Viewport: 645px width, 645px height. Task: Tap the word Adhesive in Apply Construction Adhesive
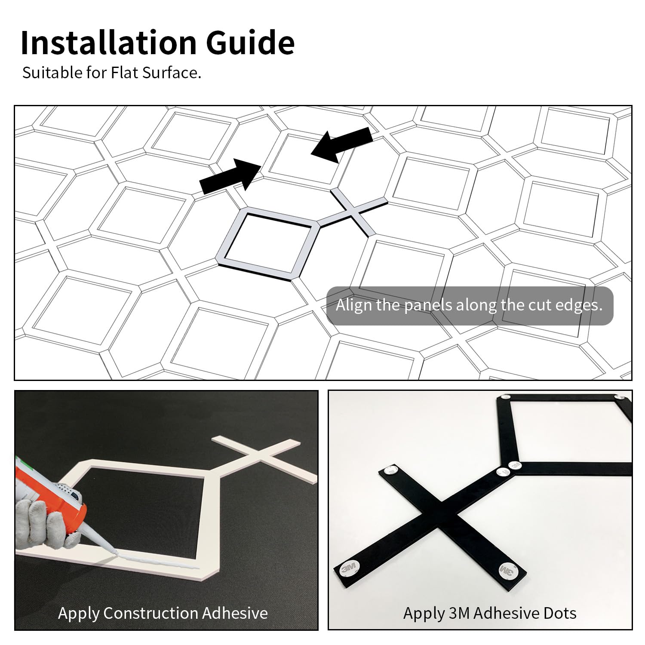point(234,613)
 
